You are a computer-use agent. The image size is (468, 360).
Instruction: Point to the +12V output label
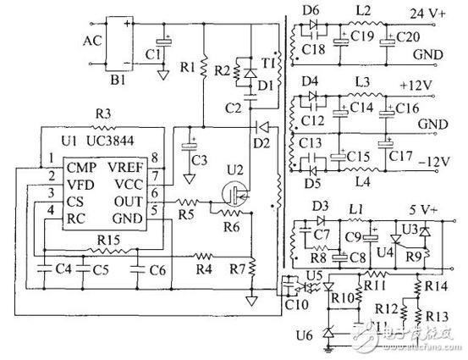point(416,86)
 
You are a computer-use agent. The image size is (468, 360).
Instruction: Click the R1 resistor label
point(188,64)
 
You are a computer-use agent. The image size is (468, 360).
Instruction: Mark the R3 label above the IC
point(102,113)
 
